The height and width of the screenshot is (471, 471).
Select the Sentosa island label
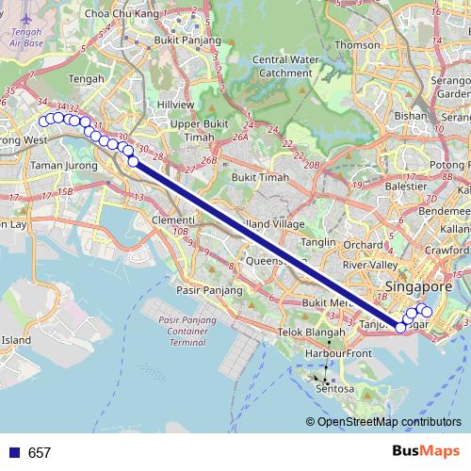point(333,387)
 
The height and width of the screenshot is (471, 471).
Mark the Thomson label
point(358,44)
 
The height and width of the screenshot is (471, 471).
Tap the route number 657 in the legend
point(40,453)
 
